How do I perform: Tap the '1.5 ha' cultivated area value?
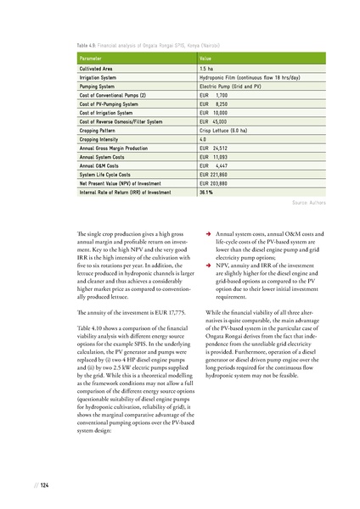coord(206,67)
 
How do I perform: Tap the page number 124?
coord(40,484)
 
